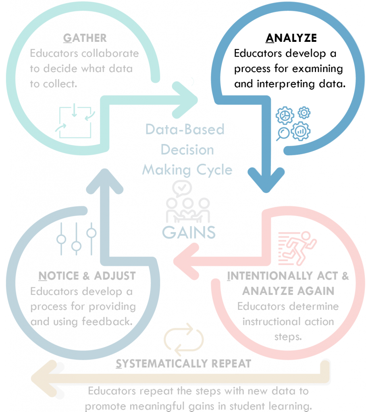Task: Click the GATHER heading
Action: (x=85, y=38)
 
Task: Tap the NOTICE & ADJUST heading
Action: (x=87, y=276)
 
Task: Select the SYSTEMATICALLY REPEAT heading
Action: (x=183, y=364)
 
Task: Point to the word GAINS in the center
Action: (x=189, y=233)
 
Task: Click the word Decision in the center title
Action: (x=187, y=150)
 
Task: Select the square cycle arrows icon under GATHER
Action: (x=75, y=121)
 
